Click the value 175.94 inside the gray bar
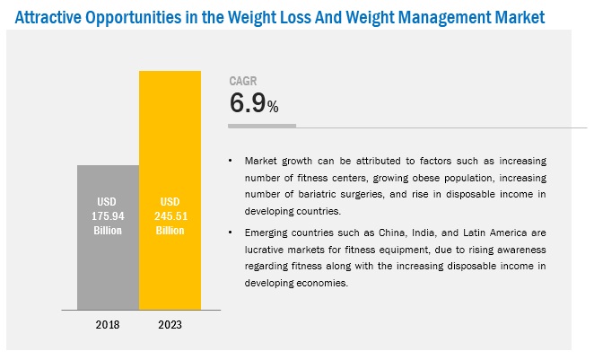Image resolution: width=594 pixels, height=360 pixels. pyautogui.click(x=109, y=215)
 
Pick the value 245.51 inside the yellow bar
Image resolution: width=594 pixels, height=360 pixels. pyautogui.click(x=170, y=215)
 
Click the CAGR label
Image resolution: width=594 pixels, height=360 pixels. pyautogui.click(x=244, y=80)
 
